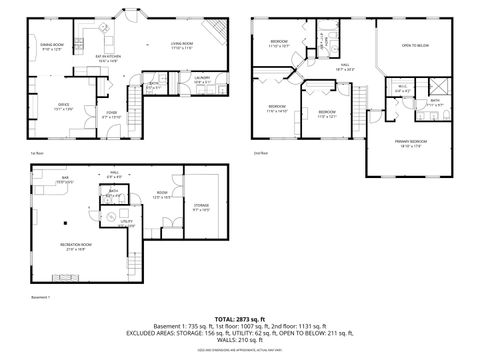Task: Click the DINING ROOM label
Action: coord(51,47)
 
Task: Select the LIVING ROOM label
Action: coord(183,45)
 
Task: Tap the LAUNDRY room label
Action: coord(201,78)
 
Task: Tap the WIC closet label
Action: coord(400,89)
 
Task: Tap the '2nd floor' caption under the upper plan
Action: coord(260,153)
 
